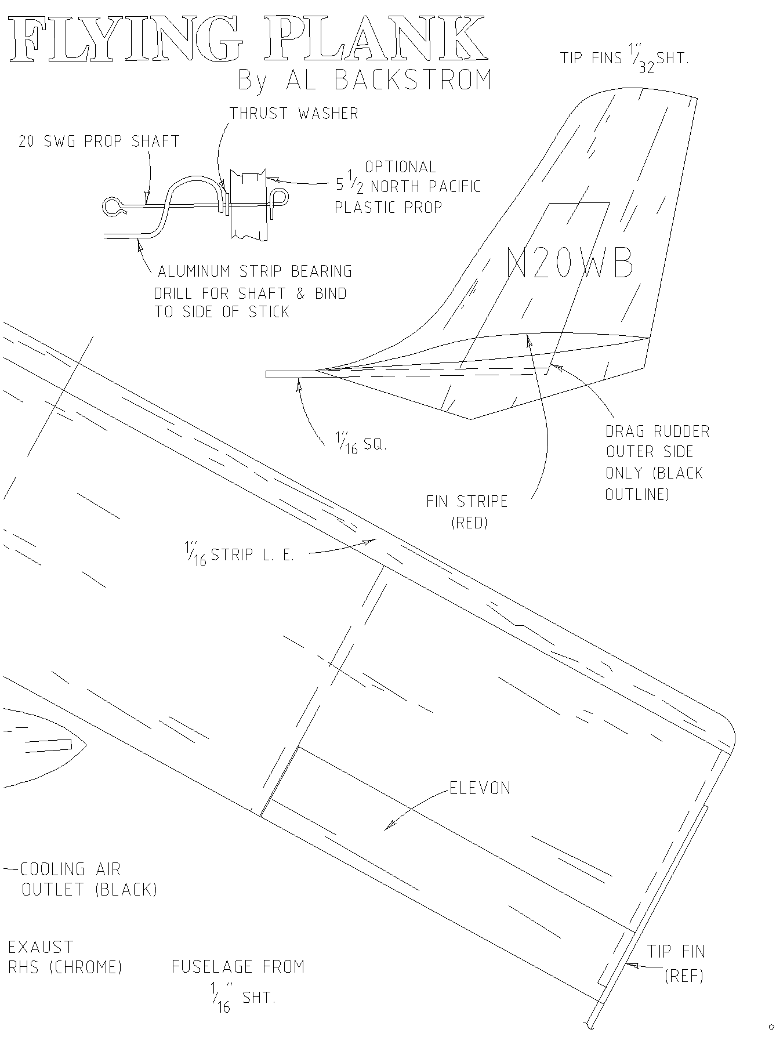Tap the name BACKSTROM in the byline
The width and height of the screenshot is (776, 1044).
413,81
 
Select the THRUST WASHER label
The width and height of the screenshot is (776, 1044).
294,113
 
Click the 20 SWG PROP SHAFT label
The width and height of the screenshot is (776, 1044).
99,142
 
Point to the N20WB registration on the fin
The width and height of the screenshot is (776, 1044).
570,263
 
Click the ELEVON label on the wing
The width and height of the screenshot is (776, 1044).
480,788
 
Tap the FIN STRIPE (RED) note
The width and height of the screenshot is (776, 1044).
467,511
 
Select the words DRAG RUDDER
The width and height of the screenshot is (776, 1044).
657,432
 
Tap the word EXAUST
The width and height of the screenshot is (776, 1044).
41,947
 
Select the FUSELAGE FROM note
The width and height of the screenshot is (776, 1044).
238,967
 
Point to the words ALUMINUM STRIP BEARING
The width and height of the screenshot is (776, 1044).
255,271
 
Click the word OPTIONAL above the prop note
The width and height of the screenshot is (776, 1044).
400,167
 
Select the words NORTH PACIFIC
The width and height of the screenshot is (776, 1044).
426,187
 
